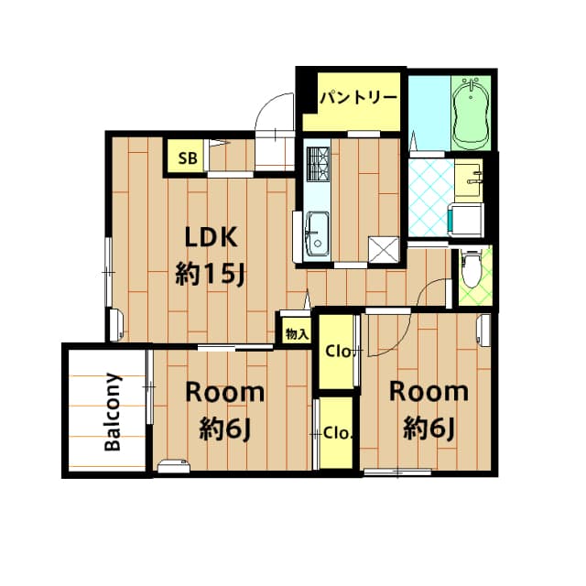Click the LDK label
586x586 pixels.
pyautogui.click(x=212, y=237)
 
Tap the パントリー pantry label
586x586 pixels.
pyautogui.click(x=358, y=97)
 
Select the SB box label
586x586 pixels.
pyautogui.click(x=187, y=157)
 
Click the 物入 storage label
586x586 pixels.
pyautogui.click(x=296, y=334)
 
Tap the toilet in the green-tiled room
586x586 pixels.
pyautogui.click(x=471, y=267)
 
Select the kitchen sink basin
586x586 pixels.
pyautogui.click(x=318, y=231)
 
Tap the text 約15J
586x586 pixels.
pyautogui.click(x=212, y=274)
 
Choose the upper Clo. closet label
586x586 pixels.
pyautogui.click(x=337, y=351)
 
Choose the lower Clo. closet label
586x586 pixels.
pyautogui.click(x=336, y=432)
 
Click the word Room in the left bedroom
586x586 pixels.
pyautogui.click(x=225, y=393)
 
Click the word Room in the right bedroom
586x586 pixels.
pyautogui.click(x=429, y=391)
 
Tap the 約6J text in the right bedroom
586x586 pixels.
pyautogui.click(x=429, y=427)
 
